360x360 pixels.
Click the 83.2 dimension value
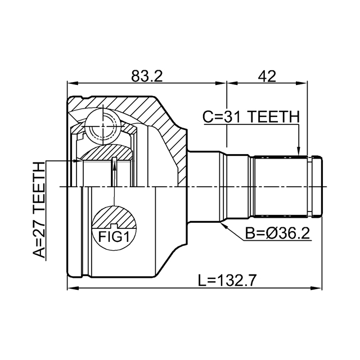tap(147, 76)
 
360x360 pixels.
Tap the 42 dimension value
tap(267, 76)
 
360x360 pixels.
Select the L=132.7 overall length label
tap(227, 280)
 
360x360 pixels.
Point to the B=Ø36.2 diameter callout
tap(277, 233)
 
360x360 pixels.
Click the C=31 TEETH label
tap(251, 116)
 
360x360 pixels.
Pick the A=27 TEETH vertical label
tap(38, 210)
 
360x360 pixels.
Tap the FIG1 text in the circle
tap(114, 237)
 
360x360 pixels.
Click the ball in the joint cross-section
tap(102, 127)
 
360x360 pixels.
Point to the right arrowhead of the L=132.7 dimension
tap(317, 288)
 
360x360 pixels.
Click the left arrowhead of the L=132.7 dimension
tap(73, 288)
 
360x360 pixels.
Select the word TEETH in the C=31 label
tap(274, 116)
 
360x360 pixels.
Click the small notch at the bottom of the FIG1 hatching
tap(114, 226)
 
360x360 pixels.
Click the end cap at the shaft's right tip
tap(317, 186)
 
